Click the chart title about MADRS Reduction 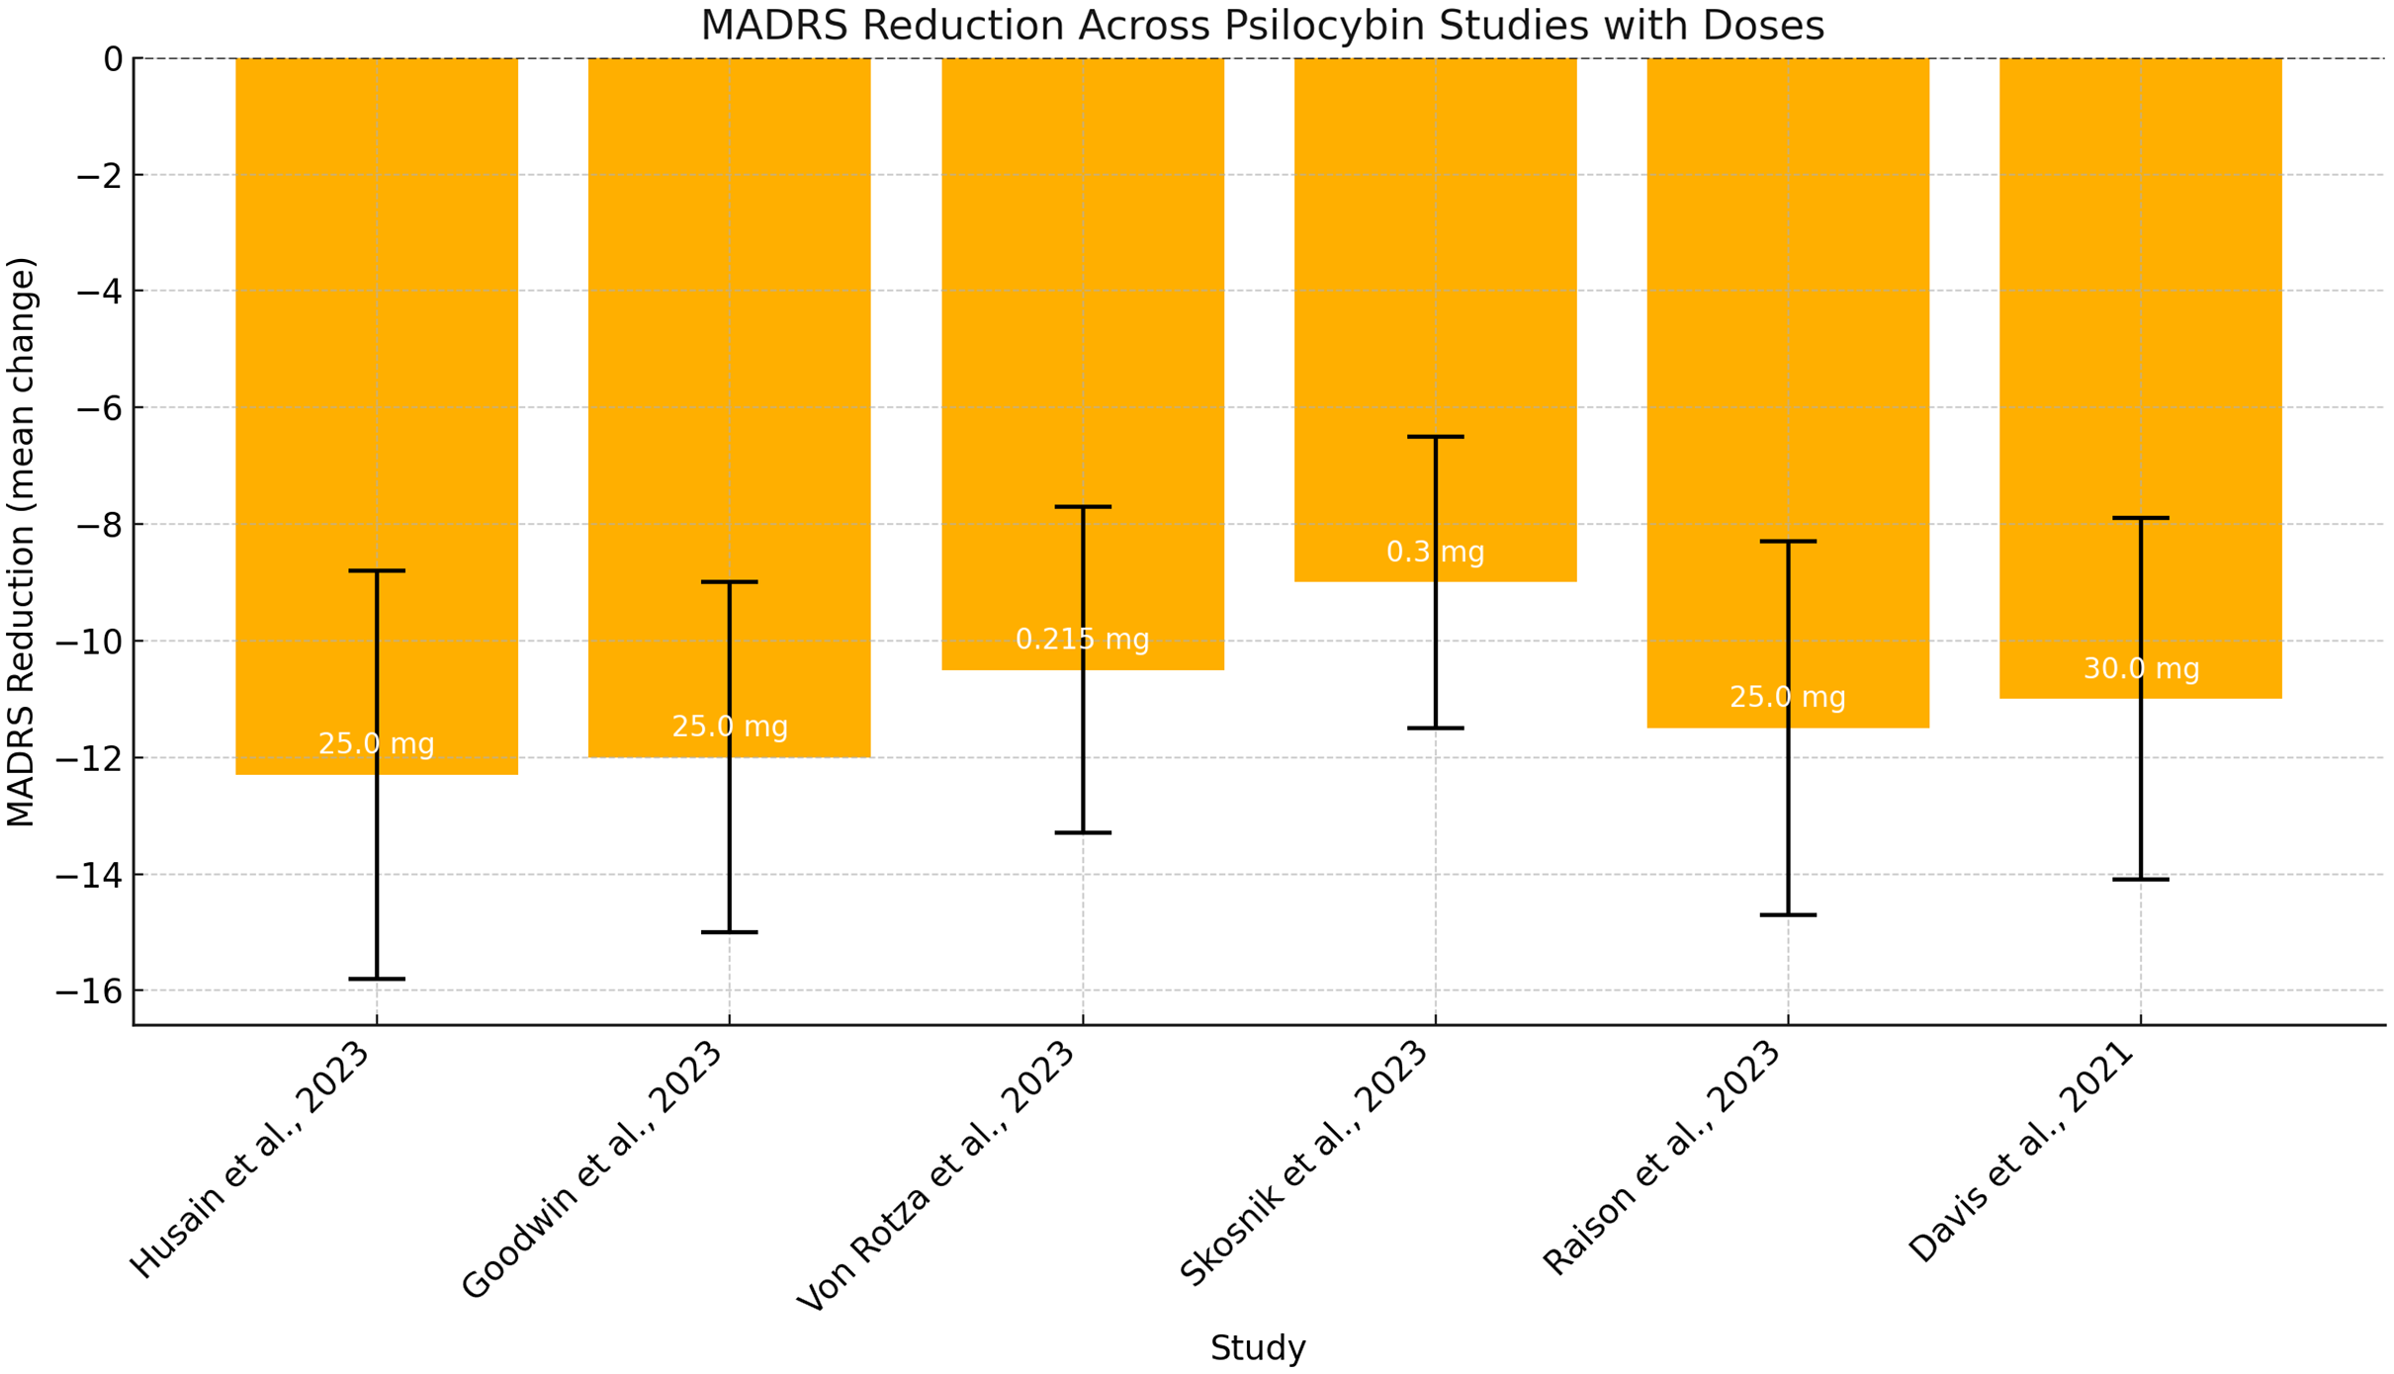click(1262, 26)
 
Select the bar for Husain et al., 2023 click(297, 395)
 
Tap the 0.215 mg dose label click(1082, 640)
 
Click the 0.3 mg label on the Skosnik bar click(1435, 553)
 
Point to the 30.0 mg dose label click(2141, 669)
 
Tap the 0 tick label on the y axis click(113, 59)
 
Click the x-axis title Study click(1258, 1348)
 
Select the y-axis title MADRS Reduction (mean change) click(22, 542)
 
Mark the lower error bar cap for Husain click(377, 979)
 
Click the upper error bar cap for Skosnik click(1435, 437)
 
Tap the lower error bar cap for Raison click(1788, 915)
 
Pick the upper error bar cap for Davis click(2141, 518)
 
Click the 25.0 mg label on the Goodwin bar click(730, 728)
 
